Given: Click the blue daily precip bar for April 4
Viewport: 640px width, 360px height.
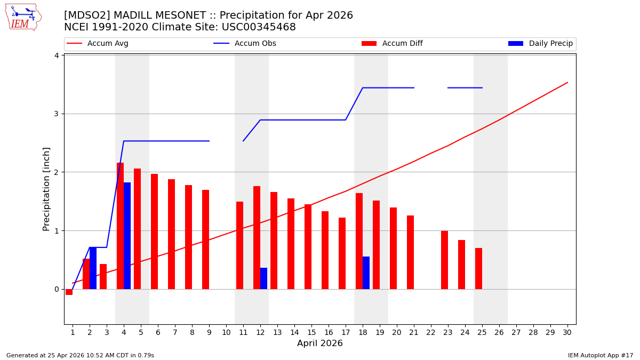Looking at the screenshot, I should pos(127,236).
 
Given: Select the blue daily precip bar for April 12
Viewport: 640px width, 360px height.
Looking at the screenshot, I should pos(263,278).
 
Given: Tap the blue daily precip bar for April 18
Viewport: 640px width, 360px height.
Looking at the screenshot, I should pos(366,273).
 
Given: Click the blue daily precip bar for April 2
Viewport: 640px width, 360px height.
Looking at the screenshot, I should pos(93,268).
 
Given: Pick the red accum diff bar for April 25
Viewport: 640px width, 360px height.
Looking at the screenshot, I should pos(478,269).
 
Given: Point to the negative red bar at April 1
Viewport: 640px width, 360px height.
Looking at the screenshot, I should pos(69,292).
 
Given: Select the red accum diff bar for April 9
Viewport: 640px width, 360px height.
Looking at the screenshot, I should pos(205,239).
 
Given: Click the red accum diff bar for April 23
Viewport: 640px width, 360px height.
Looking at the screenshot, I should pos(444,260).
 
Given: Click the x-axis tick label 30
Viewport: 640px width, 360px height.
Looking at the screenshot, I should pos(567,332).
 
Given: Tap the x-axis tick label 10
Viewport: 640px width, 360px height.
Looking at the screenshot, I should pos(226,332).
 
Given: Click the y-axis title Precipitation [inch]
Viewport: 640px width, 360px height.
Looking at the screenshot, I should pos(46,189).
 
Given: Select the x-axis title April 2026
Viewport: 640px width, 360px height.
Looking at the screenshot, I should pos(319,343).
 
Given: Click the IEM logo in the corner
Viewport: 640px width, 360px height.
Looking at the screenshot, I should pos(23,17).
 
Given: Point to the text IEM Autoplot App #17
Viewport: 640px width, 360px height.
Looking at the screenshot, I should pos(600,355).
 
